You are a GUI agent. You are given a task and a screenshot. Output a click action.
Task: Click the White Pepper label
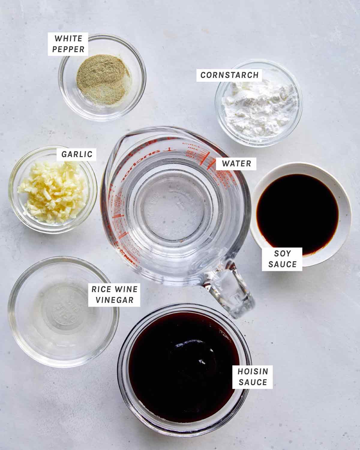click(68, 44)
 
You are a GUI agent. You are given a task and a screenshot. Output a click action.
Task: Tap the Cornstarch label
click(229, 75)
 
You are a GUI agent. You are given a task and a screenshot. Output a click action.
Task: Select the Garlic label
click(77, 154)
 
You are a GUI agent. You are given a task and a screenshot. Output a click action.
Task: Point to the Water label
click(236, 164)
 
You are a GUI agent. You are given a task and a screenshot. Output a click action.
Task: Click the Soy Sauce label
click(282, 259)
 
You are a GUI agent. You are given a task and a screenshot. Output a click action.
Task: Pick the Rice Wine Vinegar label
click(114, 294)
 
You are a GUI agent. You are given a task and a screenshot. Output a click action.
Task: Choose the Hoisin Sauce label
click(253, 377)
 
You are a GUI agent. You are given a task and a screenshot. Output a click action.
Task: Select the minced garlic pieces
click(52, 189)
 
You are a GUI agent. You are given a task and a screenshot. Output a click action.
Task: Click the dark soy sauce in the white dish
click(297, 210)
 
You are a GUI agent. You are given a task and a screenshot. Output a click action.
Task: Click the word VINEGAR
click(114, 300)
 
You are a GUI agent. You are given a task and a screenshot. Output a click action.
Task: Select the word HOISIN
click(253, 371)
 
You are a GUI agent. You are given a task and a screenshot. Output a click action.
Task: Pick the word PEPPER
click(68, 49)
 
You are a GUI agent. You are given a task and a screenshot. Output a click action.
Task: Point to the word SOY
click(282, 253)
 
